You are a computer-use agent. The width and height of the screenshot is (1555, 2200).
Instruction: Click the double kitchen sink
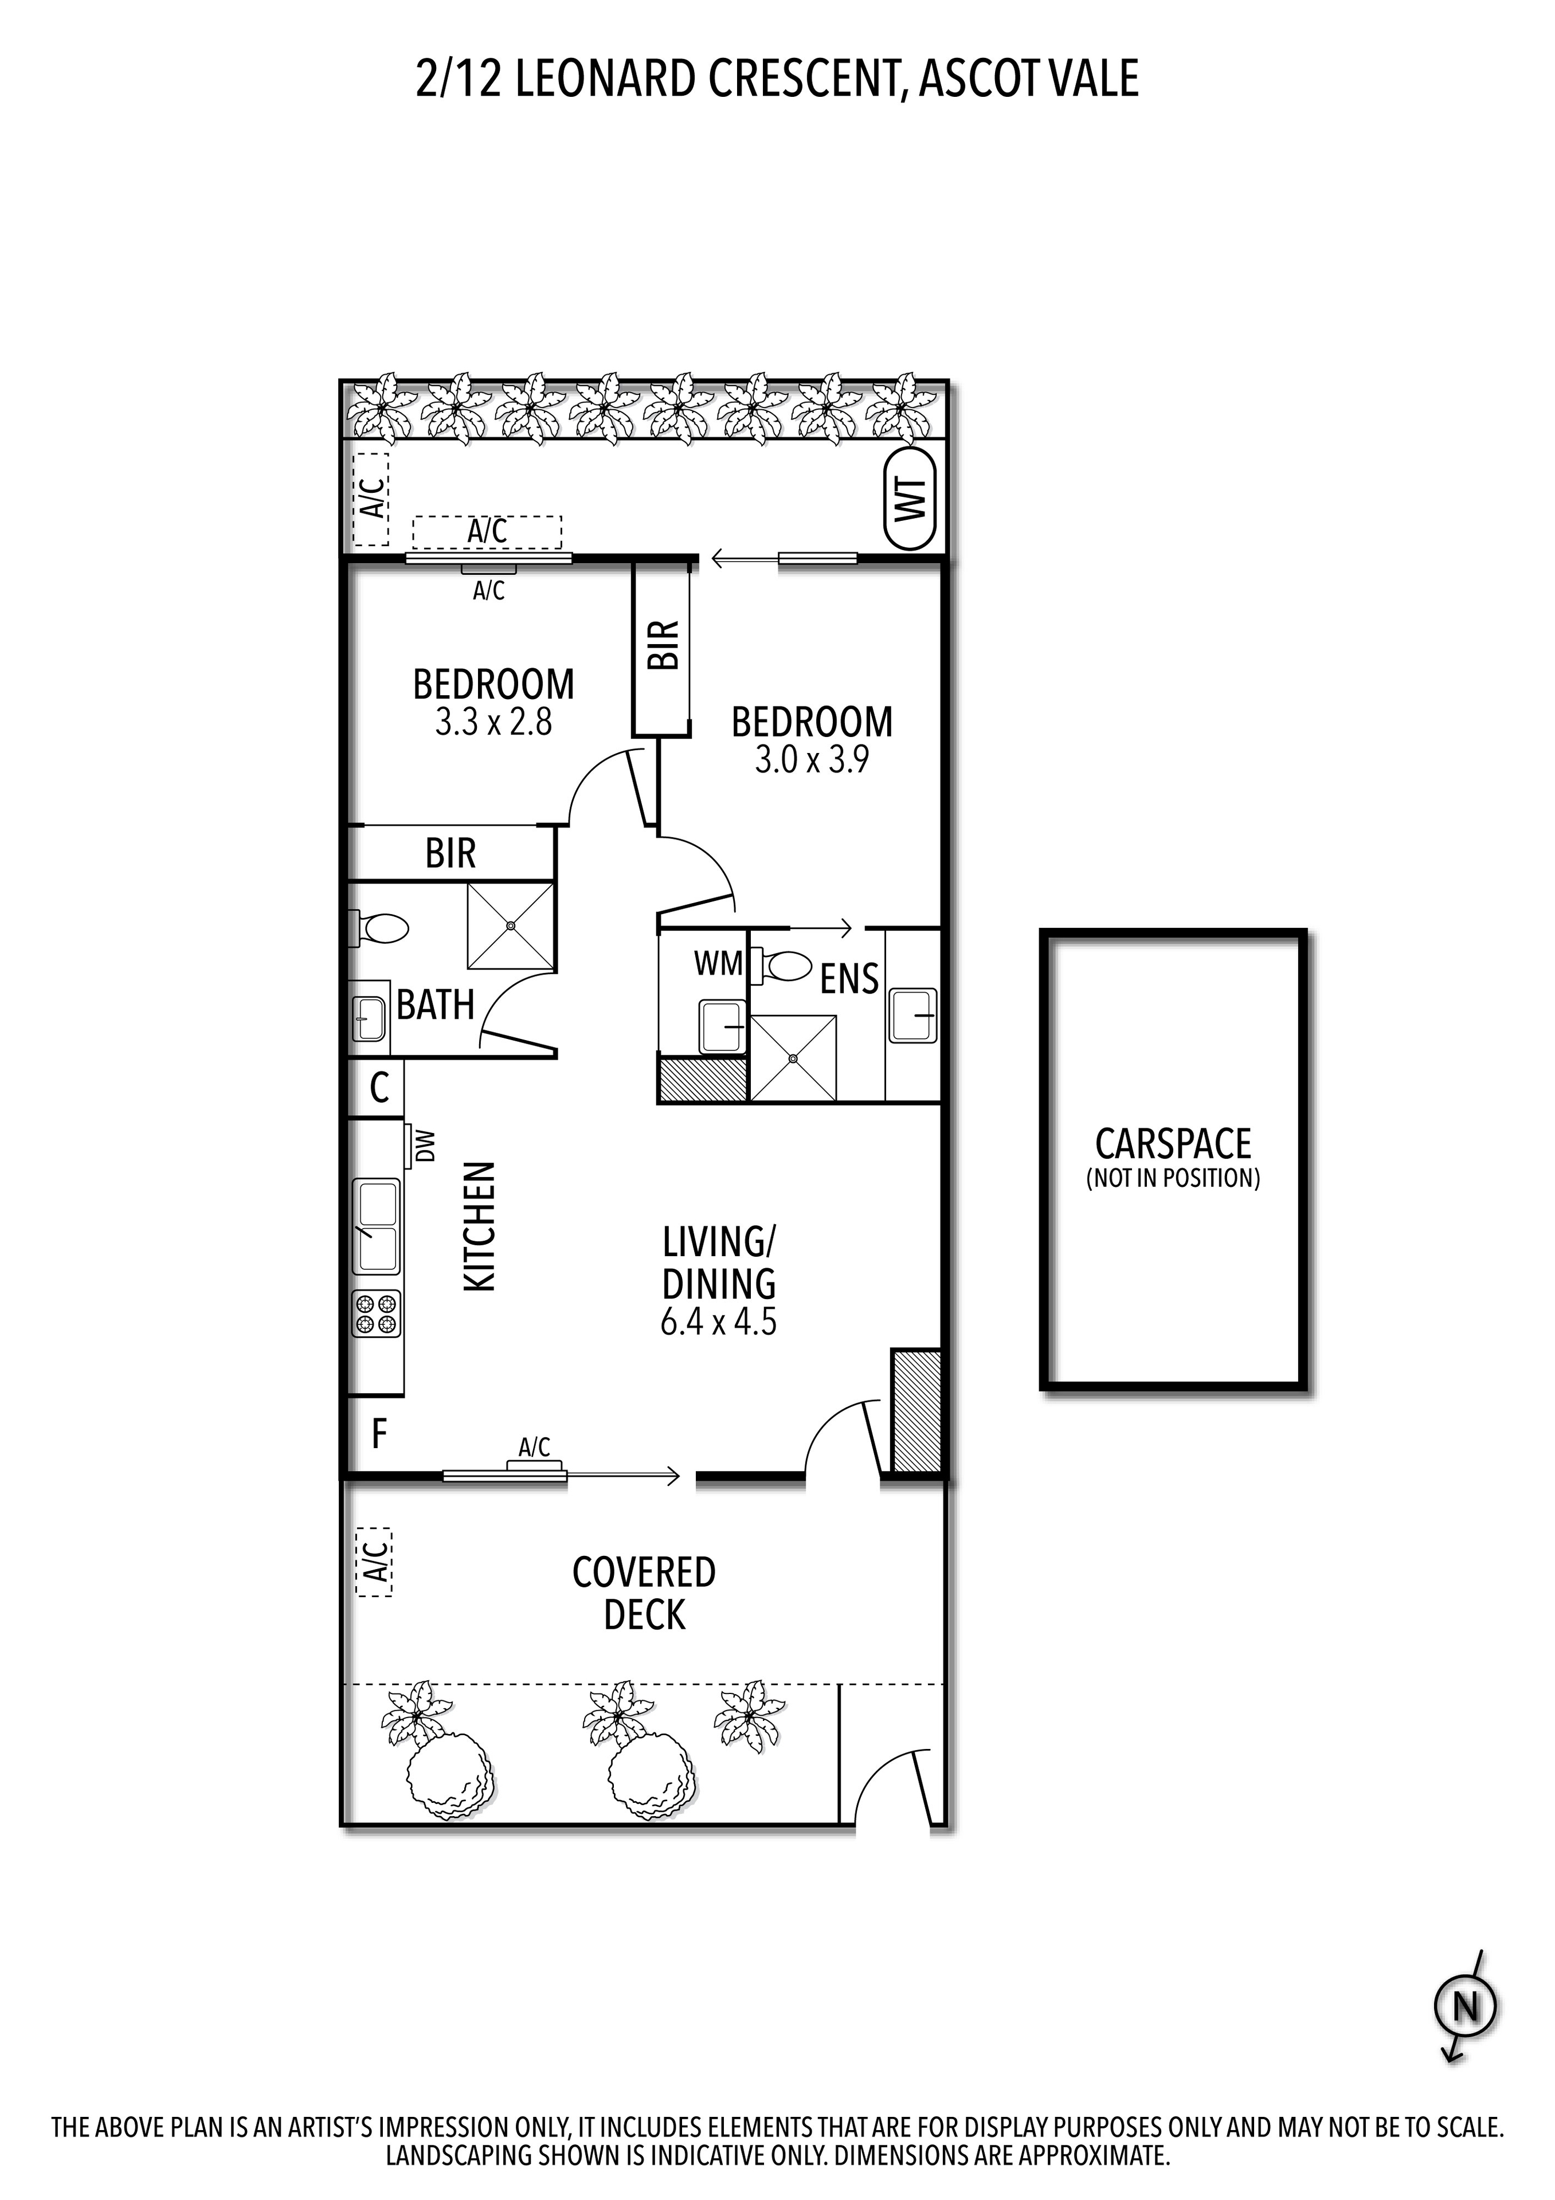click(377, 1226)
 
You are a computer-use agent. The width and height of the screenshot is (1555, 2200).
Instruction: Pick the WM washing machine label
click(719, 964)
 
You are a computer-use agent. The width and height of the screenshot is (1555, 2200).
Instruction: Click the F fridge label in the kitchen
click(379, 1434)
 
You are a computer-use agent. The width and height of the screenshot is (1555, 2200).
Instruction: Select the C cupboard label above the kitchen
click(379, 1088)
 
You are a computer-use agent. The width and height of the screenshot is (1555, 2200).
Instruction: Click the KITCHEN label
click(480, 1226)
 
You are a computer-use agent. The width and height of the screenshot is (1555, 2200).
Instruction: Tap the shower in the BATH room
click(511, 926)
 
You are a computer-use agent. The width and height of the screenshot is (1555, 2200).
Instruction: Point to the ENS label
click(849, 978)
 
